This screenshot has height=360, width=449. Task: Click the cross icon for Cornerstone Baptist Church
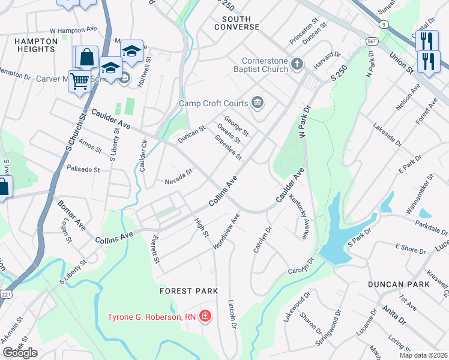click(x=296, y=64)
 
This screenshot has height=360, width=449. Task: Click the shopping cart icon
click(x=79, y=81)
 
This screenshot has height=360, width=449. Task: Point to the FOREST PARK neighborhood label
click(x=188, y=291)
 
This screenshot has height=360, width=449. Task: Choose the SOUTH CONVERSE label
click(x=237, y=23)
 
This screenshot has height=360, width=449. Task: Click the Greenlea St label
click(x=228, y=148)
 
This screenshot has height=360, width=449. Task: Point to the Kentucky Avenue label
click(x=298, y=217)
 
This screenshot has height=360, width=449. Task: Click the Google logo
click(x=20, y=353)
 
